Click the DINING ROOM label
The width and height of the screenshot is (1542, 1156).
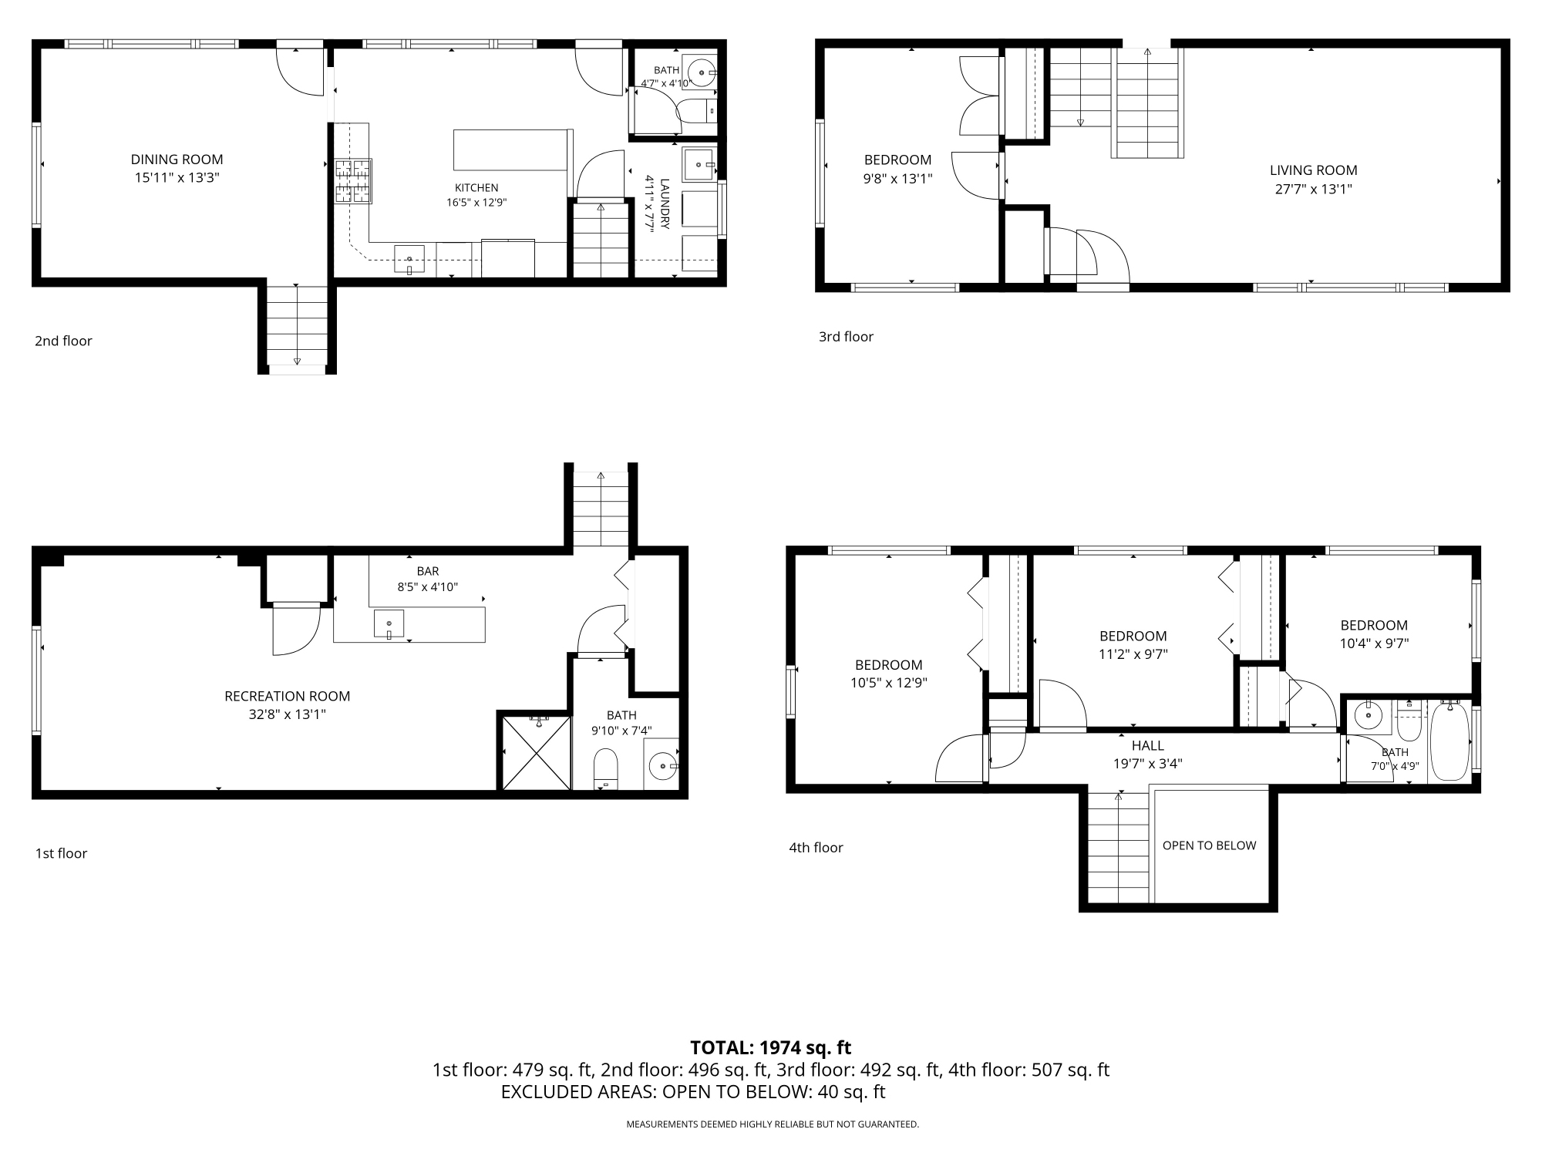click(x=177, y=160)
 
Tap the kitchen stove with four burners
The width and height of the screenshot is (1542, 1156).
click(x=353, y=181)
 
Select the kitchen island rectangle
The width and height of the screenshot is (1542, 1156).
click(x=510, y=150)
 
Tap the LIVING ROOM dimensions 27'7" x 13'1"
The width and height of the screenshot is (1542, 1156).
click(x=1314, y=189)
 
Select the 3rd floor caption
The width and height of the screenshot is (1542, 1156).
click(x=846, y=337)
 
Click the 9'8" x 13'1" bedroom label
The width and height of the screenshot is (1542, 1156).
click(x=897, y=178)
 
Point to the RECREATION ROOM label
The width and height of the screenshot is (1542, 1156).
click(x=287, y=696)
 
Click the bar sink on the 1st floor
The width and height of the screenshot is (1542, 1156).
click(x=389, y=623)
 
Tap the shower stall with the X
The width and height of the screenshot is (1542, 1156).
click(x=536, y=753)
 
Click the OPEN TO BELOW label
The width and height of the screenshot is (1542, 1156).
click(x=1209, y=845)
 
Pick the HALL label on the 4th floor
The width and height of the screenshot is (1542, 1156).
click(x=1148, y=745)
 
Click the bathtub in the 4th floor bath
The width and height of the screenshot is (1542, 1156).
click(x=1449, y=741)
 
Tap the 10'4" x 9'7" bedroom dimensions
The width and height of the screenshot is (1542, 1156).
click(x=1374, y=644)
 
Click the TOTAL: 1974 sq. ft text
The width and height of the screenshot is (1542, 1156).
click(x=771, y=1047)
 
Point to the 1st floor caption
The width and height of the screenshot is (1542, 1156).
click(x=61, y=853)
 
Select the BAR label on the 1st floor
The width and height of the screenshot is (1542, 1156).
click(x=428, y=571)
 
